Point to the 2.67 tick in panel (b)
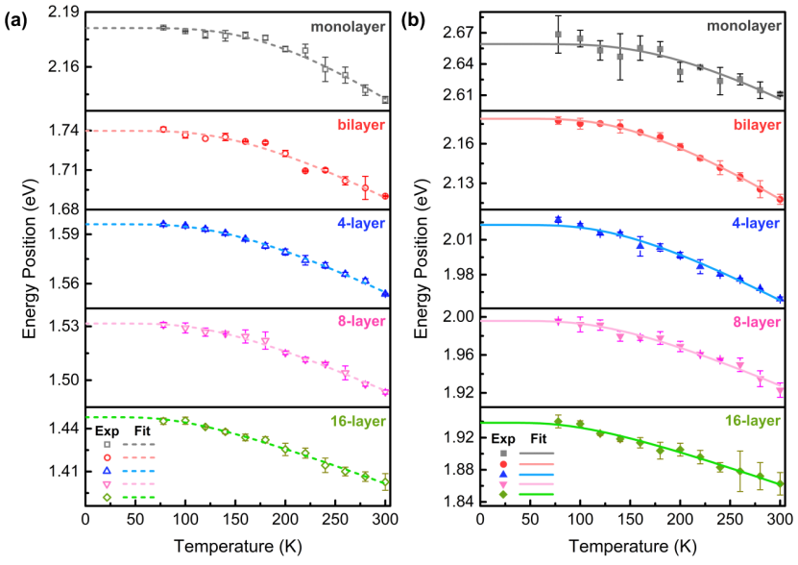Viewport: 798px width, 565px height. pyautogui.click(x=458, y=33)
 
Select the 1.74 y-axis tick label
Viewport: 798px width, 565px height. pyautogui.click(x=63, y=130)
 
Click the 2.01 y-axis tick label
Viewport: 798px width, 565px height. pyautogui.click(x=458, y=239)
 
